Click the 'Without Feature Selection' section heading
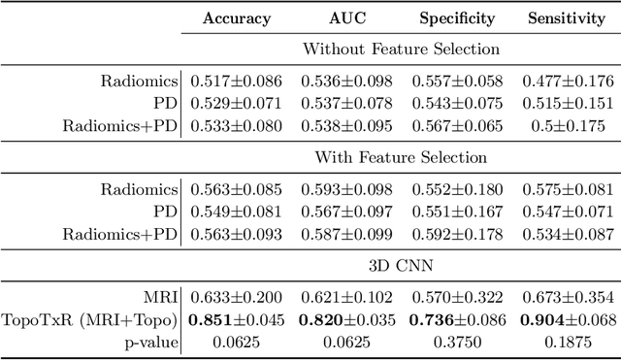(x=401, y=49)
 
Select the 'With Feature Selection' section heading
(x=401, y=157)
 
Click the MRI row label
(x=161, y=297)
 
